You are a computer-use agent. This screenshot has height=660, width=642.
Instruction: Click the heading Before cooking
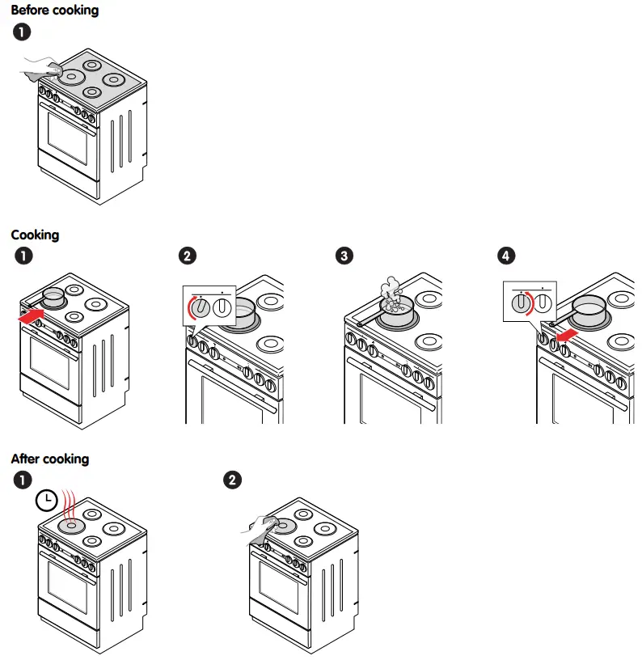tap(54, 11)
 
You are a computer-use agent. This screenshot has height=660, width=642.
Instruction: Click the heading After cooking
tap(49, 459)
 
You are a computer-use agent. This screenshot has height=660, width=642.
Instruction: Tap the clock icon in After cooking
tap(47, 501)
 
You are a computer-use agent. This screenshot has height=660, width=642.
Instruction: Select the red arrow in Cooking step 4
tap(566, 332)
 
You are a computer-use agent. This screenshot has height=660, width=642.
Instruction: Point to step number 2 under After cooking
tap(232, 480)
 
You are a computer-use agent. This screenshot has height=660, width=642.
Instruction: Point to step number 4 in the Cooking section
tap(506, 256)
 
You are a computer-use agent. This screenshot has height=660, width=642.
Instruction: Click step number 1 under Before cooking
tap(22, 33)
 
